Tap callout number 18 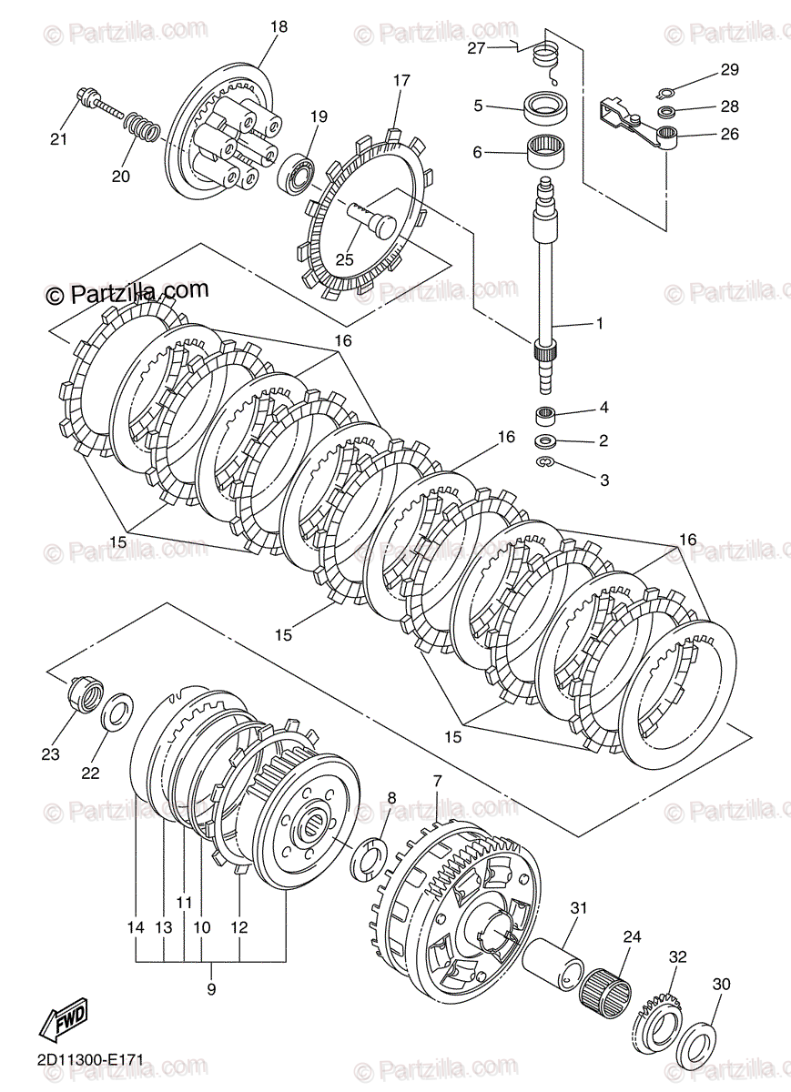278,27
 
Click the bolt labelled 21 94,100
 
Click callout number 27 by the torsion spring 477,48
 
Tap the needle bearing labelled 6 548,147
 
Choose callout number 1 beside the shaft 598,323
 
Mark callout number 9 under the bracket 211,989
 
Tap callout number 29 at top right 730,70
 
